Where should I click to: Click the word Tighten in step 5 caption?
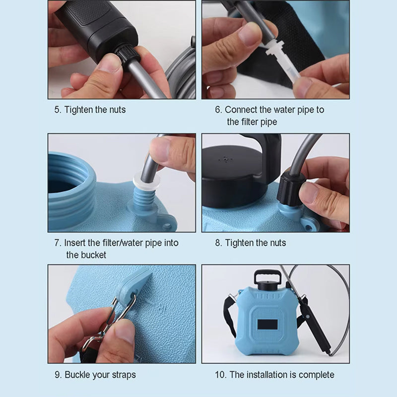pyautogui.click(x=79, y=110)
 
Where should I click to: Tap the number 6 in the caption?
pyautogui.click(x=218, y=110)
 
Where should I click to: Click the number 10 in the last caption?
pyautogui.click(x=221, y=375)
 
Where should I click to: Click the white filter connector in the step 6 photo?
pyautogui.click(x=280, y=62)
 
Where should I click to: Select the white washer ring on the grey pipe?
pyautogui.click(x=146, y=181)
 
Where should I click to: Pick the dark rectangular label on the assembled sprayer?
pyautogui.click(x=267, y=325)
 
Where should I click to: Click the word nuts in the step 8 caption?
pyautogui.click(x=278, y=243)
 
